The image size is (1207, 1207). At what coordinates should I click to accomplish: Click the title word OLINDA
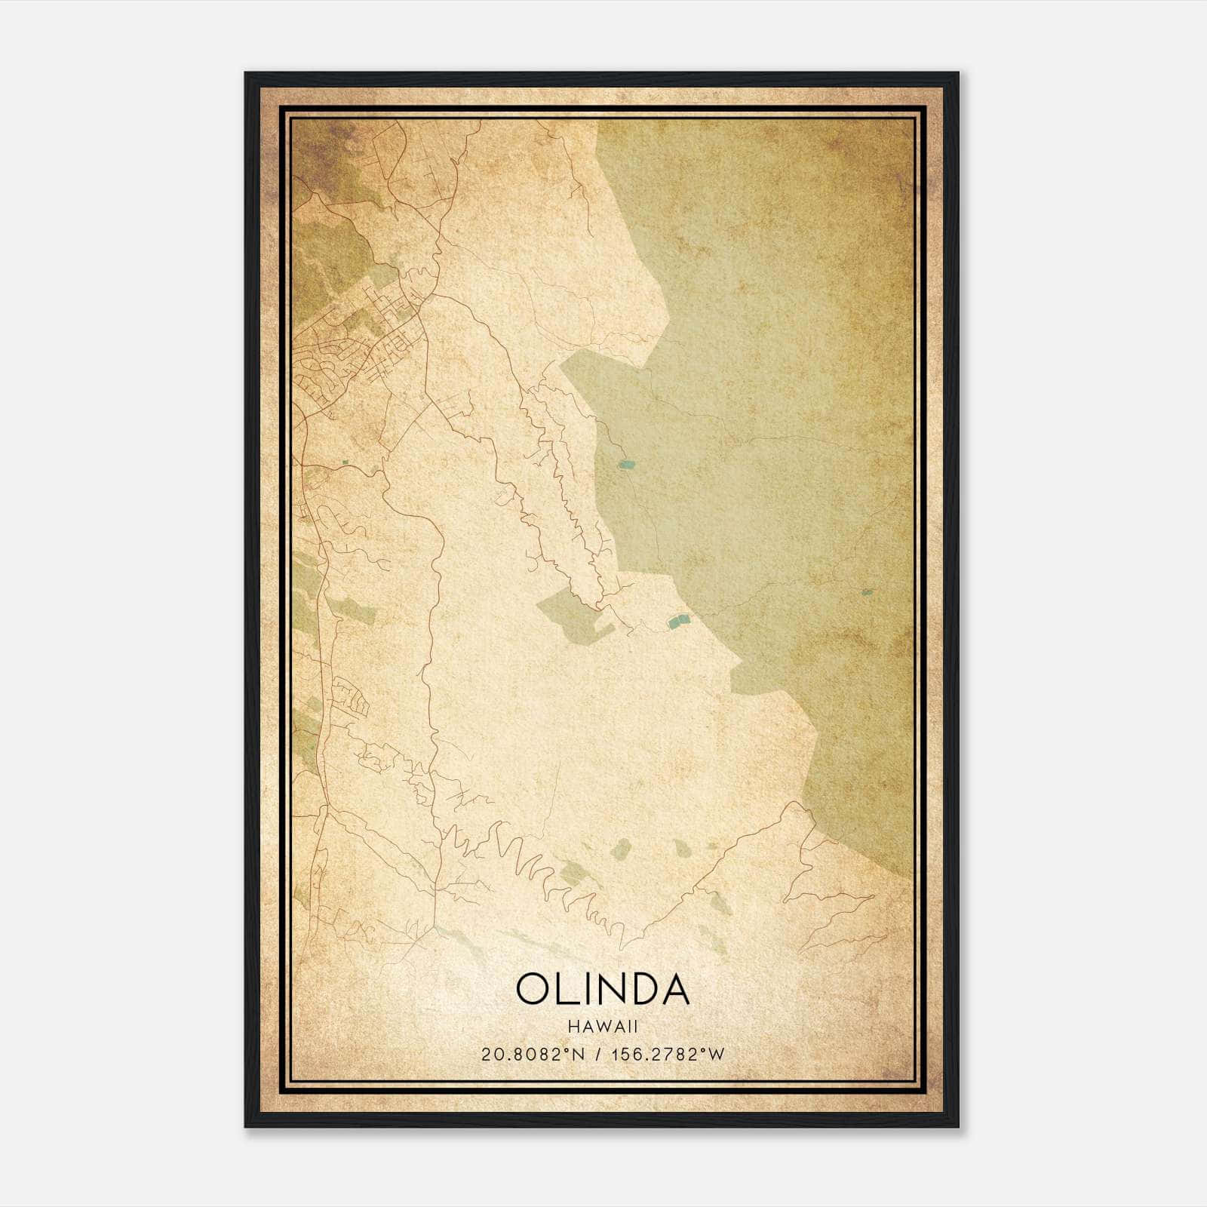point(602,988)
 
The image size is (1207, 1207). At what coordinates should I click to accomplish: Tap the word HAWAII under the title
point(602,1026)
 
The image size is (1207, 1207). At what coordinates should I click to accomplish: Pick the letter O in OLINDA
point(536,988)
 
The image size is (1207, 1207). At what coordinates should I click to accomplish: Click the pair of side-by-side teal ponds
point(678,622)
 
